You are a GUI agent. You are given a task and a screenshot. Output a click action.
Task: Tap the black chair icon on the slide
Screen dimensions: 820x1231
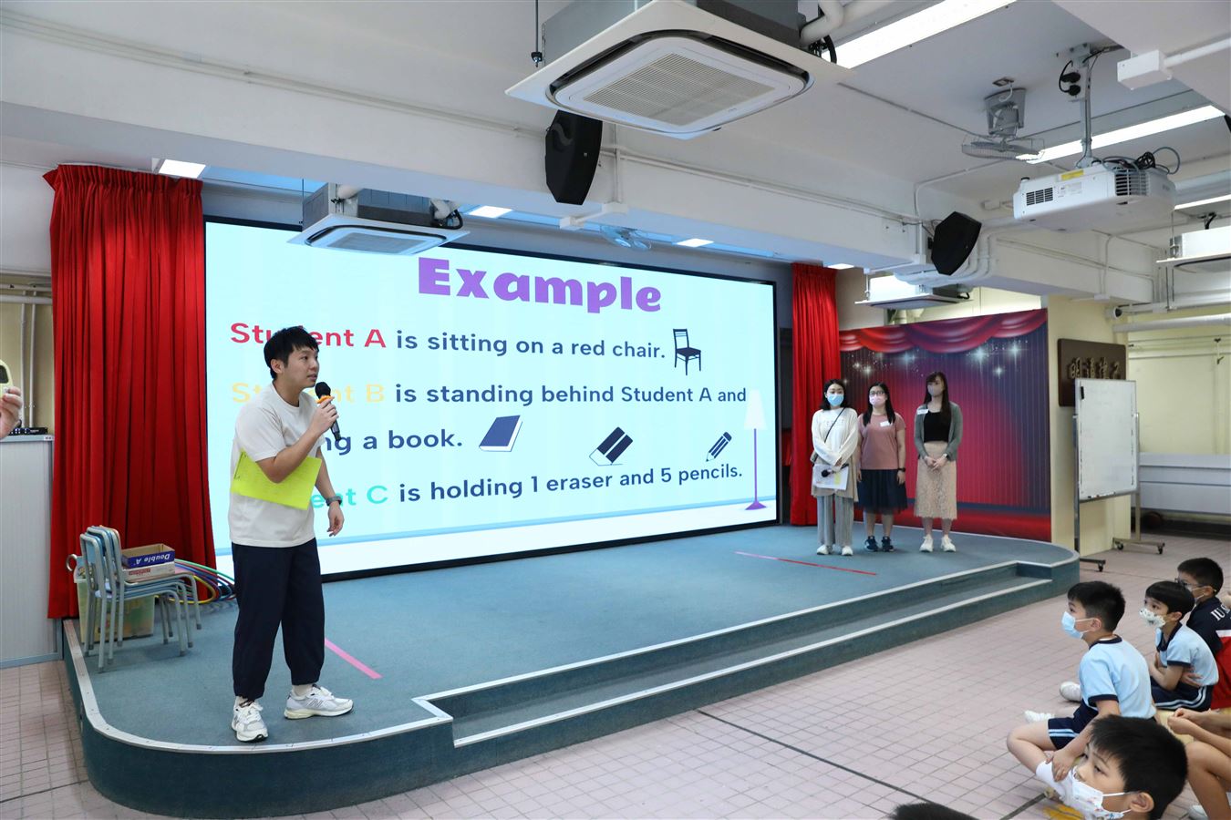[x=687, y=352]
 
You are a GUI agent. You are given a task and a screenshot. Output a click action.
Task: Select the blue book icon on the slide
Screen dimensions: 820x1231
[x=501, y=434]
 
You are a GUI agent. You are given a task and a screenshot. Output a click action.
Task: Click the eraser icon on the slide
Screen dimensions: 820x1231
[x=611, y=446]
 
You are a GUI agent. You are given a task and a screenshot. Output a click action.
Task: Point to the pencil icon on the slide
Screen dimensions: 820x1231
[x=718, y=446]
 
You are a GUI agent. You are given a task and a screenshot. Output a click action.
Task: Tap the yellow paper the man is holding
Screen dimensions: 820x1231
[x=275, y=478]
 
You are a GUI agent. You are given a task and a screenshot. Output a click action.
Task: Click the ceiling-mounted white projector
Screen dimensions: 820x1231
[x=1093, y=195]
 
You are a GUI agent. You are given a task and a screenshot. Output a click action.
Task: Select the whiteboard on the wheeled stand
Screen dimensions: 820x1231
[x=1106, y=438]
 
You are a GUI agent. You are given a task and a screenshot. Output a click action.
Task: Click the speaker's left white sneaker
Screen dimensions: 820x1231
[x=317, y=702]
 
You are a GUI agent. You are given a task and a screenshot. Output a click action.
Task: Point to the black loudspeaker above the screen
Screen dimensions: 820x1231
[x=573, y=157]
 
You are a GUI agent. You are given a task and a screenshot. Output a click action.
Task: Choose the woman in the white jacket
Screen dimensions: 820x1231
[x=833, y=465]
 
